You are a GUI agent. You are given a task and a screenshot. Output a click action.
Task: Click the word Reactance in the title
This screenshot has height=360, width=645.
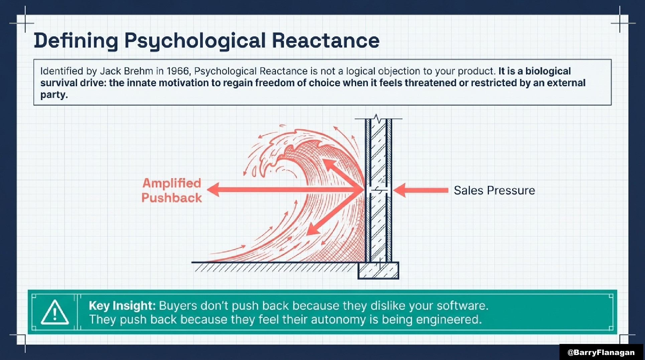pos(326,41)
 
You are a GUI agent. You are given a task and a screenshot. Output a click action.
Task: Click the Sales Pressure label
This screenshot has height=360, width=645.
pos(494,190)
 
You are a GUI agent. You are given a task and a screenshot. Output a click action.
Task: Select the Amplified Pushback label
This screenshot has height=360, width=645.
pos(172,190)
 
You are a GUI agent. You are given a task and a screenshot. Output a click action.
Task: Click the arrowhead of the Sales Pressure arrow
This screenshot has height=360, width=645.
pos(399,190)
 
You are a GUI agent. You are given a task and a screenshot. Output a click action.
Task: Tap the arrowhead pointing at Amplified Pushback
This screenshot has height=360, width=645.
pos(213,190)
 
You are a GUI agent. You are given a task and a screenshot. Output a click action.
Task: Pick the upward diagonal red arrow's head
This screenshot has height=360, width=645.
pos(329,165)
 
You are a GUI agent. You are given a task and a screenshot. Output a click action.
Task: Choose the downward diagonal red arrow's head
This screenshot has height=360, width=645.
pos(313,229)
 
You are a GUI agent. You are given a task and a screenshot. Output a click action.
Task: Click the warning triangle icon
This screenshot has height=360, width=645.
pos(55,312)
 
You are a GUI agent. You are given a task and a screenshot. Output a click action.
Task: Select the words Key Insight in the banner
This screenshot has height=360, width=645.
pos(122,306)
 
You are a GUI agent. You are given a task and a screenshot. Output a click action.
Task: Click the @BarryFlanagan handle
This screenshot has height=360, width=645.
pos(601,352)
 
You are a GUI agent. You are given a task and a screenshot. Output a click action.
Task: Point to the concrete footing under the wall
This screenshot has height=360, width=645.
pos(378,270)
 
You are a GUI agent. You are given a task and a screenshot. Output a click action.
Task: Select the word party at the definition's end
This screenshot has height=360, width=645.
pos(54,95)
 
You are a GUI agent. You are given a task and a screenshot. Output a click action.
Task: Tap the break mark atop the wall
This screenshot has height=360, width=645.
pos(377,118)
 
